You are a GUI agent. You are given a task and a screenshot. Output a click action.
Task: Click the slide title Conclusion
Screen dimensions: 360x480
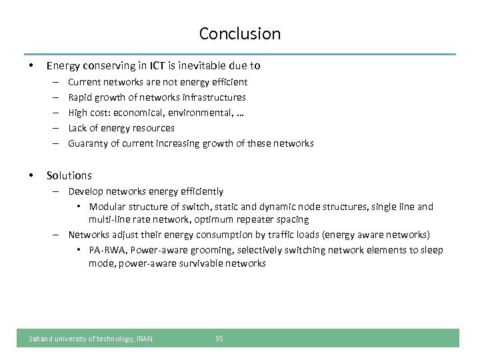pos(240,33)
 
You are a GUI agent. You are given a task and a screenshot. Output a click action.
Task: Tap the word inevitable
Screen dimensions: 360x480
pos(202,65)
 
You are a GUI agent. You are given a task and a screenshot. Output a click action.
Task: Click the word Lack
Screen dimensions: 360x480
pos(78,128)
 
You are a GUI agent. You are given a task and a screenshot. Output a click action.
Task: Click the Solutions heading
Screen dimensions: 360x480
pos(69,175)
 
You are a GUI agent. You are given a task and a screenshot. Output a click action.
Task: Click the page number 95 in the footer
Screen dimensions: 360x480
pos(219,339)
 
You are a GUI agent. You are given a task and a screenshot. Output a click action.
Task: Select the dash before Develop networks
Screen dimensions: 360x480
pos(59,191)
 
